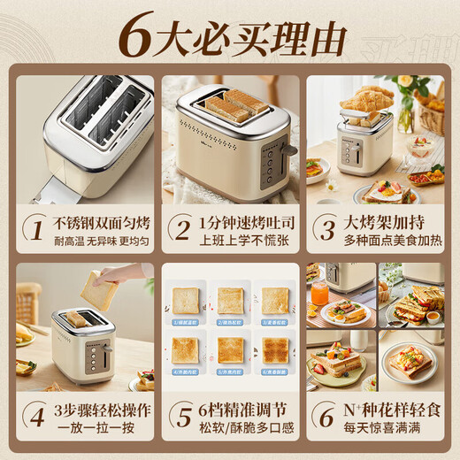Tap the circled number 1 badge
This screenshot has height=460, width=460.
point(34,230)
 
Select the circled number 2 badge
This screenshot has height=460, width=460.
point(180,230)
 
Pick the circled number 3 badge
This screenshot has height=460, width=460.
point(327,230)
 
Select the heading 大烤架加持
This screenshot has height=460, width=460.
point(382,222)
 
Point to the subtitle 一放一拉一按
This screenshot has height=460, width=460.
point(92,426)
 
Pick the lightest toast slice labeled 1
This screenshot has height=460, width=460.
point(185,299)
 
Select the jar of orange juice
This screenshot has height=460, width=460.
point(319,294)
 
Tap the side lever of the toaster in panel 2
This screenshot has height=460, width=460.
point(287,150)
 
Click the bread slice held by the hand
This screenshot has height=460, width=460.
point(99,287)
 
